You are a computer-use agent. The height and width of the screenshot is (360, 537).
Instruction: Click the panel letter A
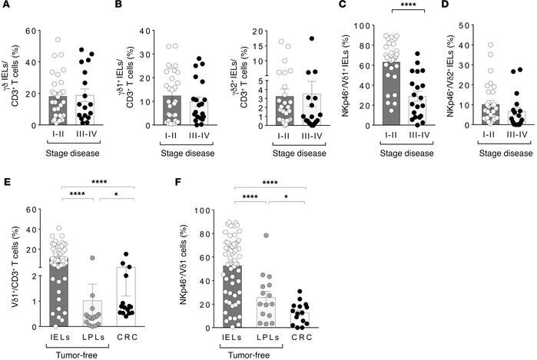coord(6,7)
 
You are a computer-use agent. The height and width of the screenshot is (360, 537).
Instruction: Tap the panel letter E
coord(6,183)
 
